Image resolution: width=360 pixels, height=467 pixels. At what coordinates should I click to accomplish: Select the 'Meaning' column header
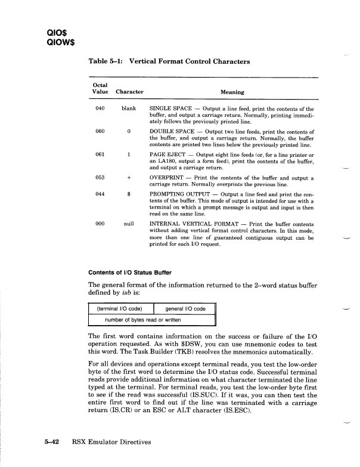pyautogui.click(x=232, y=92)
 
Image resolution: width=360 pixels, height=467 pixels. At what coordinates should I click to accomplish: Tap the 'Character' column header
pyautogui.click(x=129, y=92)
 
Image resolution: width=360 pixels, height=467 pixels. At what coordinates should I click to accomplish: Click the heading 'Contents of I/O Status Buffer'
pyautogui.click(x=132, y=274)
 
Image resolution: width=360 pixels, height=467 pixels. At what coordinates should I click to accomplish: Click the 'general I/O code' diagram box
pyautogui.click(x=185, y=308)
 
